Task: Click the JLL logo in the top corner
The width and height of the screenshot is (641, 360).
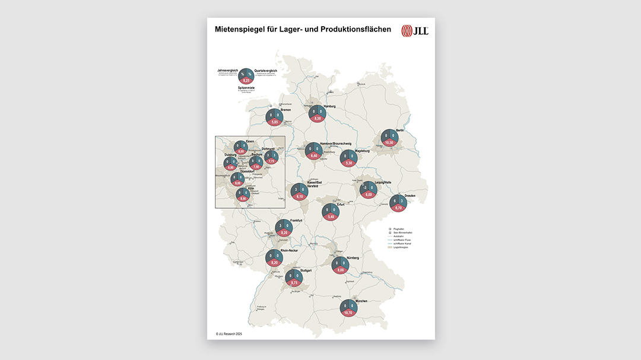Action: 414,31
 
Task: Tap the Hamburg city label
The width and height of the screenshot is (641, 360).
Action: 329,106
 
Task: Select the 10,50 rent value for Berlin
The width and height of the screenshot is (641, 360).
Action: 389,143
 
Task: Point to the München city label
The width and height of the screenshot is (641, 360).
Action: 361,301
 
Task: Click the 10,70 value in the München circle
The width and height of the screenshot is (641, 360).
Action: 348,312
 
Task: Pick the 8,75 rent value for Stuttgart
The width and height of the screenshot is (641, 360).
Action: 294,283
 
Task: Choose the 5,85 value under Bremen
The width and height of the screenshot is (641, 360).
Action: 274,122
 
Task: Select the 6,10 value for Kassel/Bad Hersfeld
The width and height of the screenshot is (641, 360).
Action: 300,196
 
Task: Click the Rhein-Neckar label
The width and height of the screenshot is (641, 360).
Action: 296,250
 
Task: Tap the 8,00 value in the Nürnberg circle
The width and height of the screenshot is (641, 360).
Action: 341,270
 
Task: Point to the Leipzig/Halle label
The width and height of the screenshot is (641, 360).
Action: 386,183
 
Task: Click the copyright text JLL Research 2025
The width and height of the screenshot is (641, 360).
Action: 229,334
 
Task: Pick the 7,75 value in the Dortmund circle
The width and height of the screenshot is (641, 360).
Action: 271,161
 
